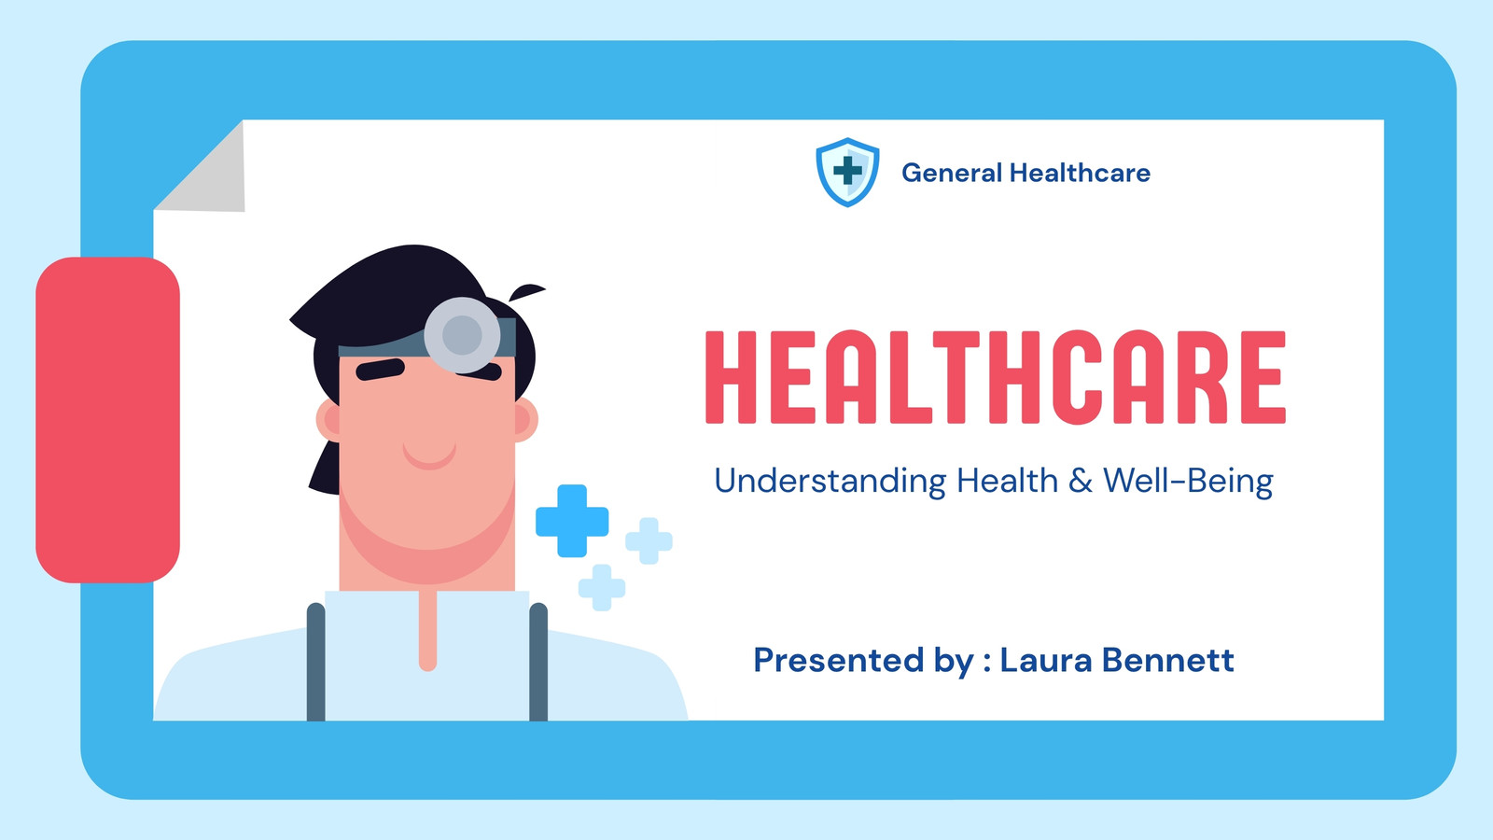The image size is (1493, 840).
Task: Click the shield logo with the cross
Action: tap(847, 172)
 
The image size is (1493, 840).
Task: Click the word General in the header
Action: tap(952, 173)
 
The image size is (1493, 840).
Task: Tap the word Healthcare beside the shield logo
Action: tap(1080, 173)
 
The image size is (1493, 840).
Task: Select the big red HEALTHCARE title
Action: tap(995, 377)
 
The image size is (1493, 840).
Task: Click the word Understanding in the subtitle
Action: tap(830, 480)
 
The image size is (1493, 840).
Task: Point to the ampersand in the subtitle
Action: tap(1081, 481)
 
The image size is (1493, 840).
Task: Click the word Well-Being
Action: tap(1189, 481)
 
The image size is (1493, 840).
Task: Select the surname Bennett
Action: tap(1167, 659)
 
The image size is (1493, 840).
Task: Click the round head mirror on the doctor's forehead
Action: tap(462, 335)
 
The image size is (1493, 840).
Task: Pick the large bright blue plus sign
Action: tap(572, 521)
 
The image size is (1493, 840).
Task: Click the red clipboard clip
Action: tap(107, 420)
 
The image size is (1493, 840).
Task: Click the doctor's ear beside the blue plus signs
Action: tap(525, 420)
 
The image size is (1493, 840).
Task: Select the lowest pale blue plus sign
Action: tap(602, 587)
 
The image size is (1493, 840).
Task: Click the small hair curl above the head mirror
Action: tap(526, 292)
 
